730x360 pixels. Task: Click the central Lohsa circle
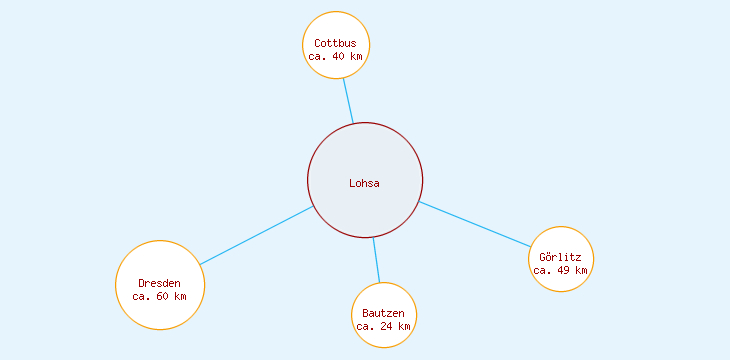click(x=365, y=160)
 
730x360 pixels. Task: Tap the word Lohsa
click(x=365, y=183)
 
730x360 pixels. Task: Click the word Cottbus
click(x=335, y=43)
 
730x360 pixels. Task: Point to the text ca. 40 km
click(x=335, y=57)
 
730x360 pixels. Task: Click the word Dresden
click(x=160, y=284)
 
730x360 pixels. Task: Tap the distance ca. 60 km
click(x=160, y=297)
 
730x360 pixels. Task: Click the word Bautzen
click(x=384, y=314)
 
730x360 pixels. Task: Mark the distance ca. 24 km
click(x=384, y=327)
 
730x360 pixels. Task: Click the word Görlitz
click(x=561, y=257)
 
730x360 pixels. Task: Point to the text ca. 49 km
click(x=561, y=270)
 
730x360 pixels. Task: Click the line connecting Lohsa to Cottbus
click(x=347, y=100)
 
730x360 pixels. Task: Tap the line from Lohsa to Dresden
click(x=257, y=235)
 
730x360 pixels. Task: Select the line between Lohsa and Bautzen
click(x=376, y=260)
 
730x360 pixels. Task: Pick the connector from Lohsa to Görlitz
click(x=475, y=224)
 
